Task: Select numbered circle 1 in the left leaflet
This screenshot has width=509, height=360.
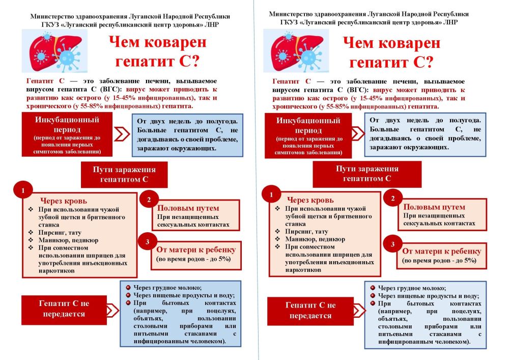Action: point(23,190)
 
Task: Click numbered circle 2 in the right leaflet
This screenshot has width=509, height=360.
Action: point(393,199)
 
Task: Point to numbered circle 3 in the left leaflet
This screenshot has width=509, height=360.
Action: point(148,242)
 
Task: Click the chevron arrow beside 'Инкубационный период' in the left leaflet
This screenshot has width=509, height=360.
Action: point(122,134)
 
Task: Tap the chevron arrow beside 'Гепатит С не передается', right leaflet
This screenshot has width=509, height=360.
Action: point(359,310)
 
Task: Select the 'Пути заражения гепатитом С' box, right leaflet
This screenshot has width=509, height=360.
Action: point(367,174)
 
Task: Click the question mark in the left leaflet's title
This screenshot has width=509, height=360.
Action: point(194,61)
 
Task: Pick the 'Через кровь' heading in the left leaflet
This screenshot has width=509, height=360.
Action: point(64,201)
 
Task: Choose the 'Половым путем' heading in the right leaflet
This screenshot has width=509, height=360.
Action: point(434,207)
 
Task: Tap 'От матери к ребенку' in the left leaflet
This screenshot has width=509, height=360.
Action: point(196,250)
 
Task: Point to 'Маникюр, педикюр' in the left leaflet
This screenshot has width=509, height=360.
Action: point(68,240)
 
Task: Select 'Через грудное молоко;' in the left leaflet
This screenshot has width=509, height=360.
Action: point(167,288)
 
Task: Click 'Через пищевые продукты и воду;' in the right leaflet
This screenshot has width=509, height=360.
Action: point(428,296)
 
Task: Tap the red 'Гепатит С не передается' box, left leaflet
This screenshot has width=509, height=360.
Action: point(64,310)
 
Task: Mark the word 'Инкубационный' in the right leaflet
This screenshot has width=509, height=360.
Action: point(308,121)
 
